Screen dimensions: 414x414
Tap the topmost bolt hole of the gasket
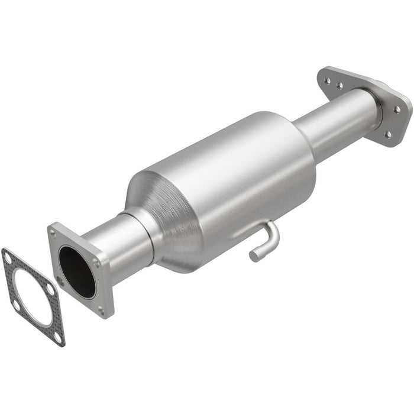tap(8, 257)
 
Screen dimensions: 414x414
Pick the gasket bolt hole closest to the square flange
tap(51, 290)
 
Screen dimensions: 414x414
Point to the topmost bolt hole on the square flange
tap(57, 232)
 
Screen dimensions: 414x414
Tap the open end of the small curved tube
tap(253, 256)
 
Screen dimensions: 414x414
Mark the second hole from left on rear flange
tap(340, 85)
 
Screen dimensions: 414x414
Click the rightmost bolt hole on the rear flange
tap(397, 109)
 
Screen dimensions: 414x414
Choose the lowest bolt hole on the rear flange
tap(387, 135)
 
